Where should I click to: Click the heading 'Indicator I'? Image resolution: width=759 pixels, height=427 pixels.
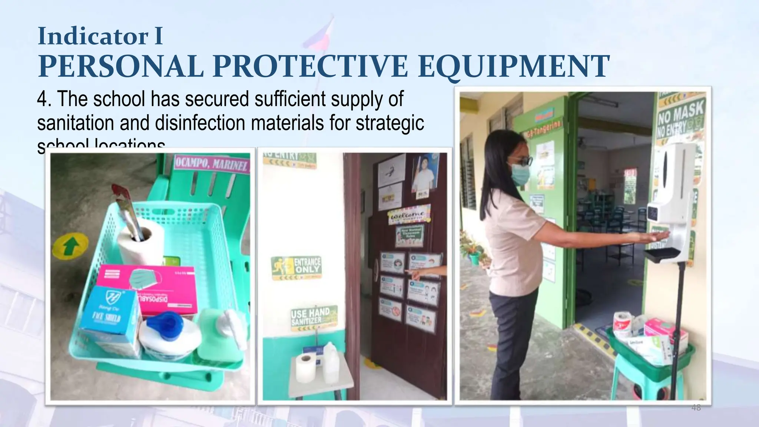(100, 36)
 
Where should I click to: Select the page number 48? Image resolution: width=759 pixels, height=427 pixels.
(696, 408)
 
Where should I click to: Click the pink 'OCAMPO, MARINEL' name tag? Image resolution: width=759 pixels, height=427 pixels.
(211, 163)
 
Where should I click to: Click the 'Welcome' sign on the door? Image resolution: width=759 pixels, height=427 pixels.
(409, 214)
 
